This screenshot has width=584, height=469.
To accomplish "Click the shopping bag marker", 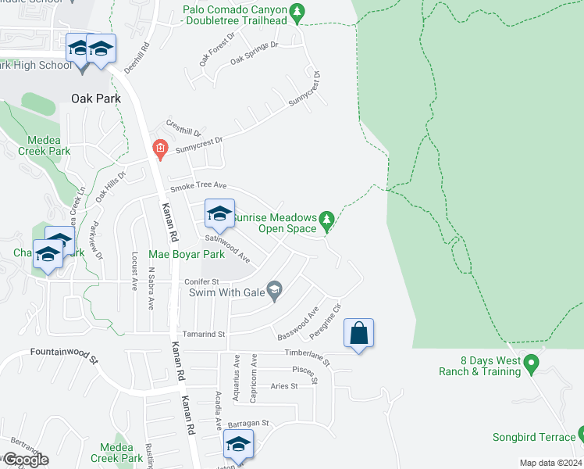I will pos(358,333).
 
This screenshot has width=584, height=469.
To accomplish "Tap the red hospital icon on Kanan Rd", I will pos(159,148).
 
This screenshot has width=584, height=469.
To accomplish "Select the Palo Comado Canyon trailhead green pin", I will pos(297,13).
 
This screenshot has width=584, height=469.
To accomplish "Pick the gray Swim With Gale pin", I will pos(273,292).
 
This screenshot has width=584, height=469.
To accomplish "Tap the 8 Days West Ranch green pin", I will pos(532,364).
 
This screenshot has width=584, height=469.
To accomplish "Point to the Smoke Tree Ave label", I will pos(198,186).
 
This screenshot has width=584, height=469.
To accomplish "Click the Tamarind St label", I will pos(203,334).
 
